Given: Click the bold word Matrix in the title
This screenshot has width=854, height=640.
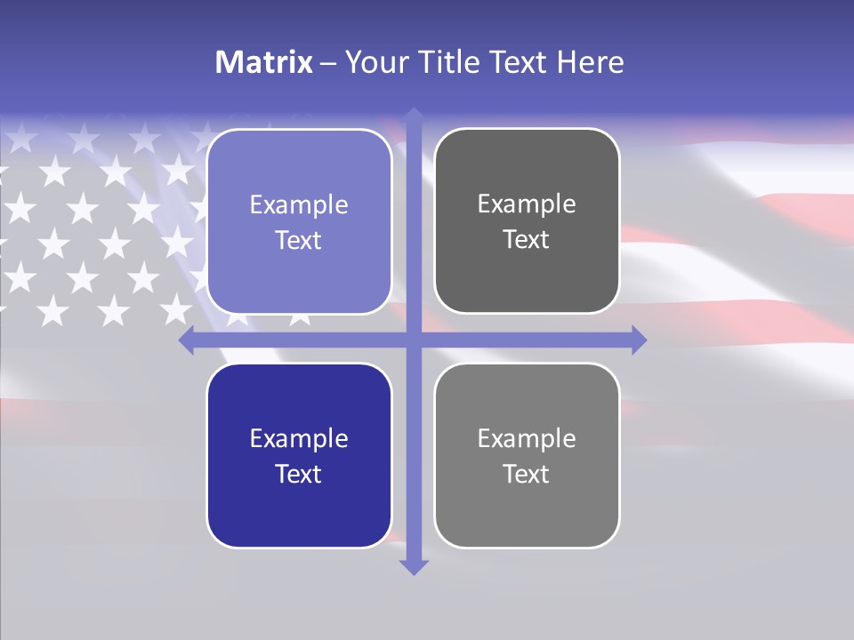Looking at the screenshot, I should pos(264,62).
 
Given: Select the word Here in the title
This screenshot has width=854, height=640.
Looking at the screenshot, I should pos(590,62).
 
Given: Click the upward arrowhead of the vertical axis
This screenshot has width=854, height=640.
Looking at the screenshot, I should pos(414,116).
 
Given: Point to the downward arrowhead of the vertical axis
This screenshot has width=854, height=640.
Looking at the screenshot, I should pos(414,566).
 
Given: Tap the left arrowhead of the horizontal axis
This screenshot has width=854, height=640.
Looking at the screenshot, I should pos(187,340).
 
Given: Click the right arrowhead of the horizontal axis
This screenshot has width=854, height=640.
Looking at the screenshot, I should pos(638,340).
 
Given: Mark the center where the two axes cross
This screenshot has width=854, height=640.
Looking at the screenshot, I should pos(414,340).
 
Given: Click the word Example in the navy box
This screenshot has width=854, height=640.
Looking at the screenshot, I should pos(299,439).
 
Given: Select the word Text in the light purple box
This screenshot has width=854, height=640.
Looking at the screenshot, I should pos(299,241).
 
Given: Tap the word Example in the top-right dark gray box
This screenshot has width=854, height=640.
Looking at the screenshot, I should pos(527,204).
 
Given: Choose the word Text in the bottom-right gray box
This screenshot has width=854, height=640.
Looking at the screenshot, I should pos(527,474).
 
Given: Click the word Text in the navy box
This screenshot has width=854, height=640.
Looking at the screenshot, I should pos(299,474).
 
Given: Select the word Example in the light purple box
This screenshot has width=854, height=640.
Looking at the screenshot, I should pos(299,205).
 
